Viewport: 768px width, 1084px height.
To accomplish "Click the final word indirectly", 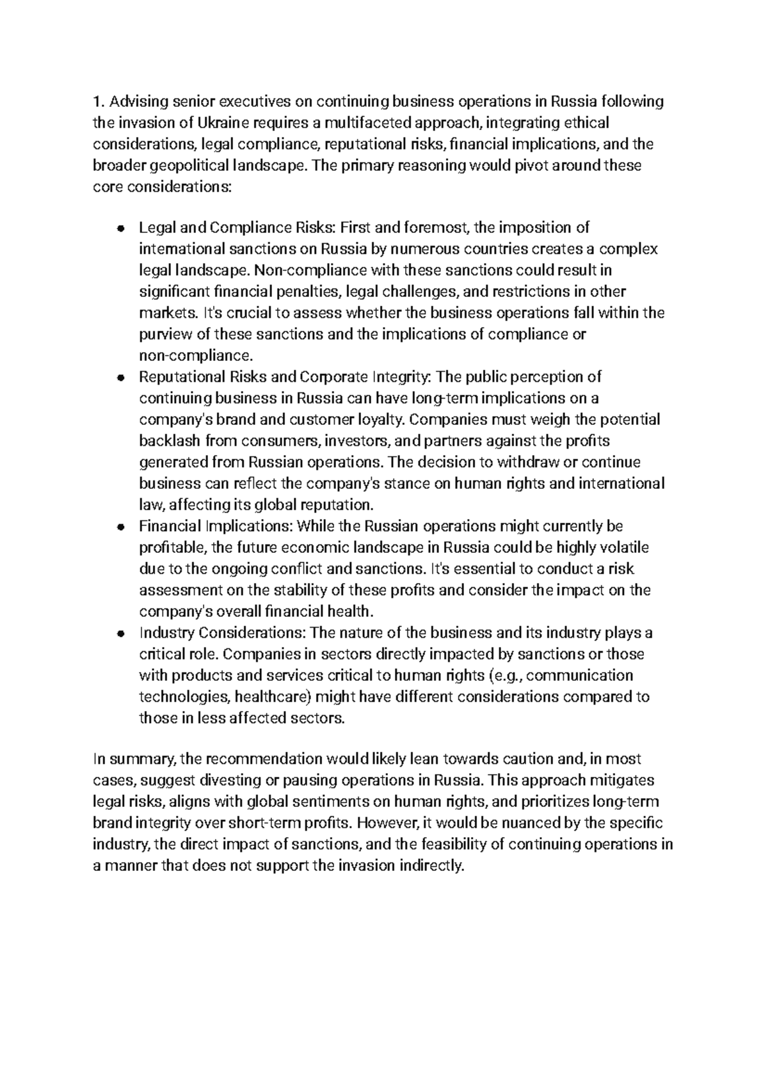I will [430, 866].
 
